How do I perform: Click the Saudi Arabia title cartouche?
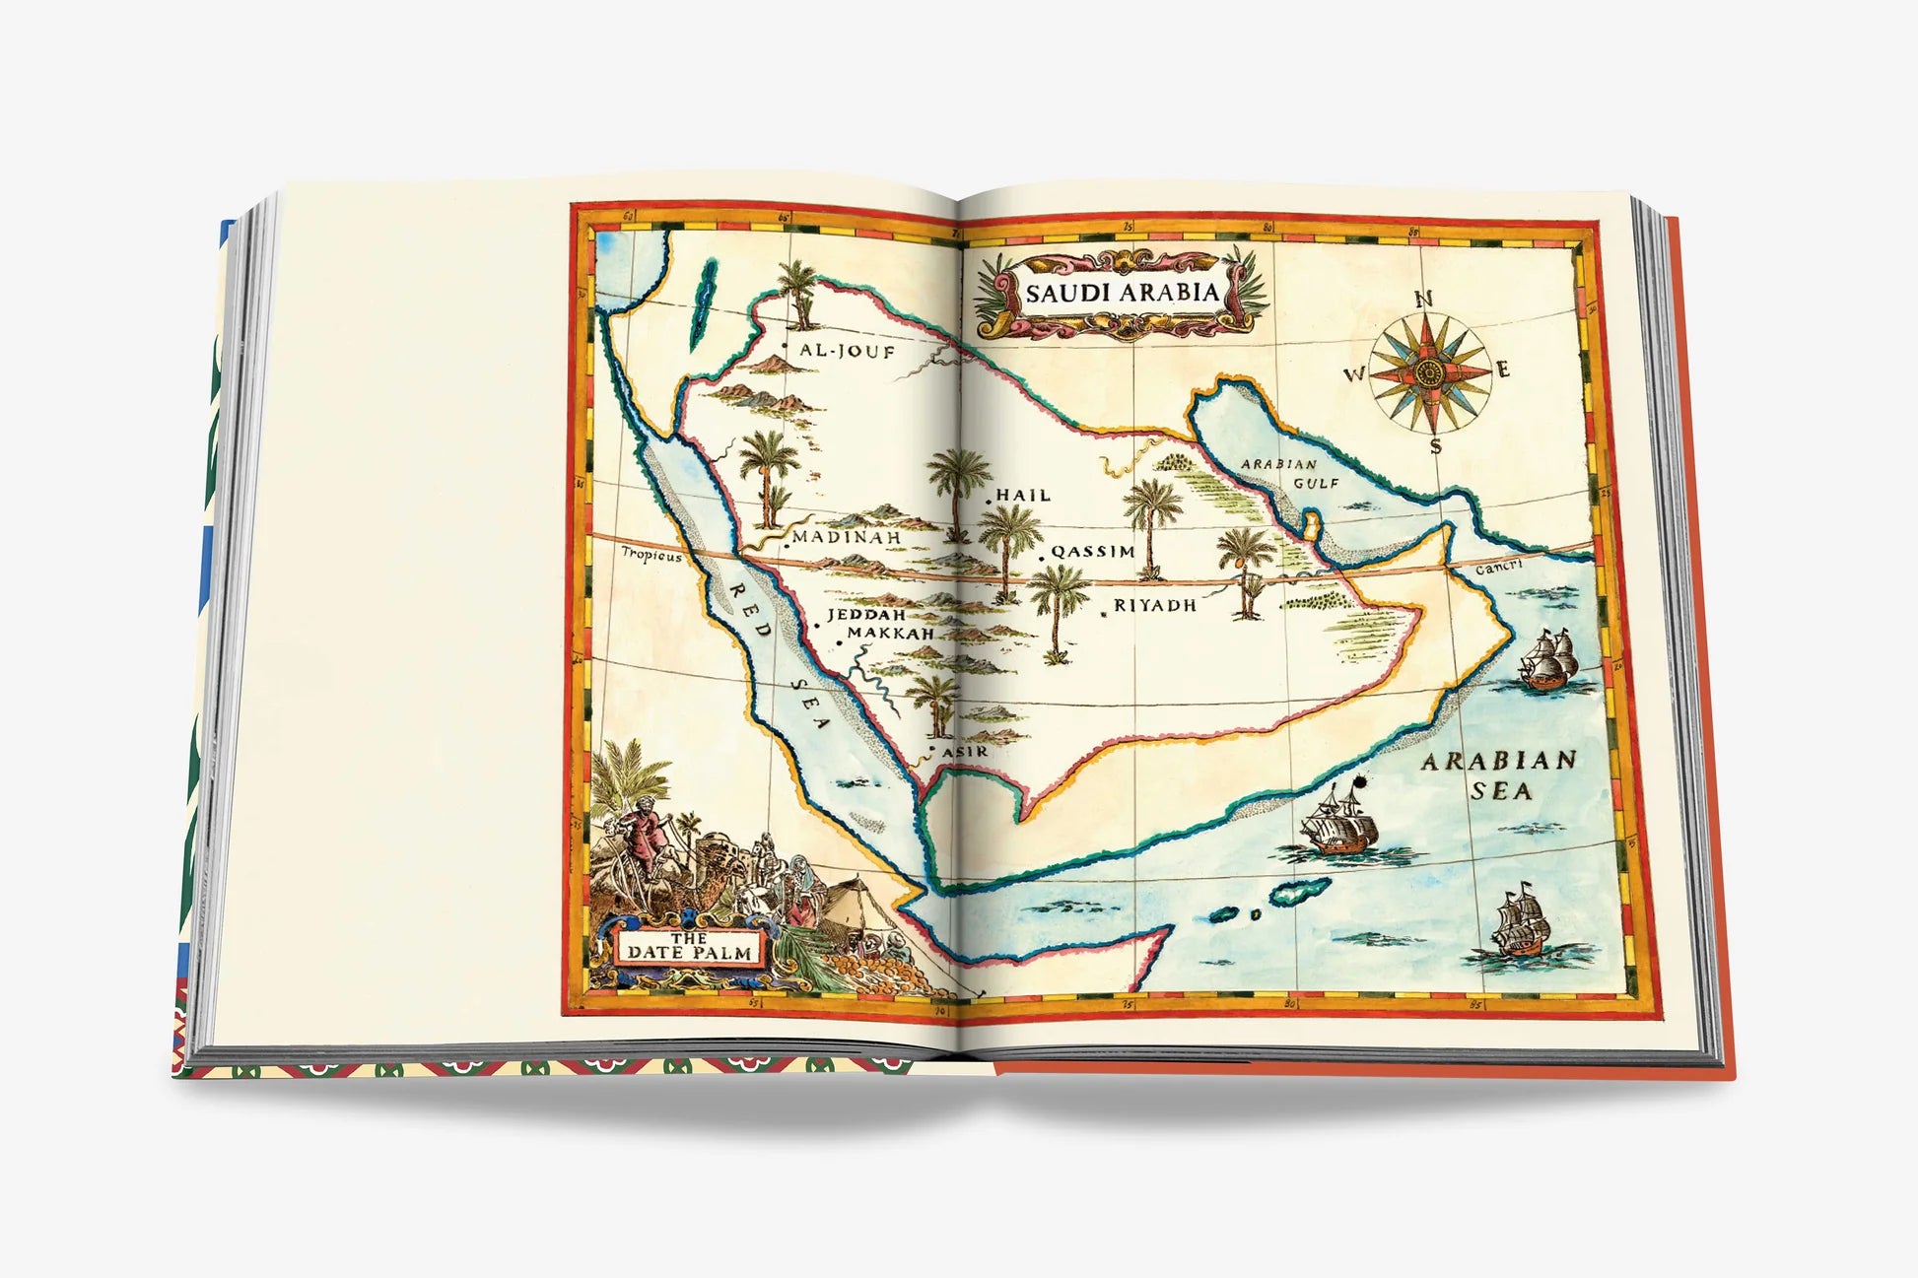pyautogui.click(x=1122, y=293)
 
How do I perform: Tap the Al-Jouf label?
pyautogui.click(x=847, y=350)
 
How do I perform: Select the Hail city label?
pyautogui.click(x=1023, y=495)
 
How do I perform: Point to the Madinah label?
pyautogui.click(x=848, y=538)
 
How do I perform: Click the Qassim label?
pyautogui.click(x=1093, y=552)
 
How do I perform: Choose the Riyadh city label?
pyautogui.click(x=1155, y=605)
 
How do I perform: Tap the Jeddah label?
pyautogui.click(x=865, y=615)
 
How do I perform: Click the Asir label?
pyautogui.click(x=965, y=752)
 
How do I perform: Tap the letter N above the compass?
pyautogui.click(x=1423, y=300)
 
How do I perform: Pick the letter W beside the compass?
pyautogui.click(x=1356, y=374)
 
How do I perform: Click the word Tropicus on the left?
pyautogui.click(x=651, y=556)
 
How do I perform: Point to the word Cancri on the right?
pyautogui.click(x=1499, y=567)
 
